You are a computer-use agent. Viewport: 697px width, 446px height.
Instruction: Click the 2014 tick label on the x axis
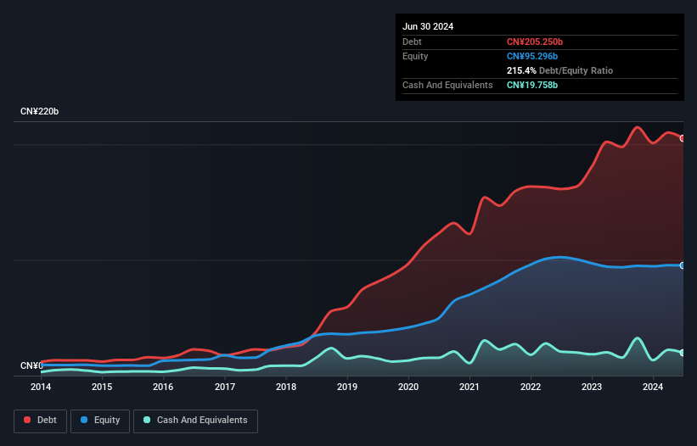tap(41, 387)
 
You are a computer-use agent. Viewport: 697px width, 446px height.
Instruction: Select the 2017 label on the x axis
tap(225, 387)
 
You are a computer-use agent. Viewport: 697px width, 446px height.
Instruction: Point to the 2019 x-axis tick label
tap(347, 387)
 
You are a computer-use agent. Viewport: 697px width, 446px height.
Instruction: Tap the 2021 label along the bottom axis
tap(469, 387)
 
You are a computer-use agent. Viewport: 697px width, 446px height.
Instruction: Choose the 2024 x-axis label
tap(653, 387)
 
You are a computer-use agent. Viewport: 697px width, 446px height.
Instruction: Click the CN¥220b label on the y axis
tap(40, 112)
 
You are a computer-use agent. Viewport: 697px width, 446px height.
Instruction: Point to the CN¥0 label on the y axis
tap(31, 366)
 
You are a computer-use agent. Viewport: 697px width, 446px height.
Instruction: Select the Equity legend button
tap(99, 421)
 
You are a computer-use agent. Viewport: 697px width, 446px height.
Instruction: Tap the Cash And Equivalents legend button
tap(195, 421)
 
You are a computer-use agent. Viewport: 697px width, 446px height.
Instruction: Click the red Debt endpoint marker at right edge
tap(683, 138)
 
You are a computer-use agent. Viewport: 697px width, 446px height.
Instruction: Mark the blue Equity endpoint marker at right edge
tap(683, 265)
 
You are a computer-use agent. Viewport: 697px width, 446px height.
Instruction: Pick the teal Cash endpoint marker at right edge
tap(683, 352)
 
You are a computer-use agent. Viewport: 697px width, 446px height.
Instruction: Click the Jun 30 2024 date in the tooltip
tap(428, 26)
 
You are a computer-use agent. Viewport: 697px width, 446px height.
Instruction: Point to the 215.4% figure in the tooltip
tap(522, 70)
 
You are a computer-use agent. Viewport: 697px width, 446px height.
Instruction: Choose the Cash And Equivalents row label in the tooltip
tap(447, 85)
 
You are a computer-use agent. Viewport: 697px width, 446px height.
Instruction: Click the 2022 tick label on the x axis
tap(531, 387)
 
